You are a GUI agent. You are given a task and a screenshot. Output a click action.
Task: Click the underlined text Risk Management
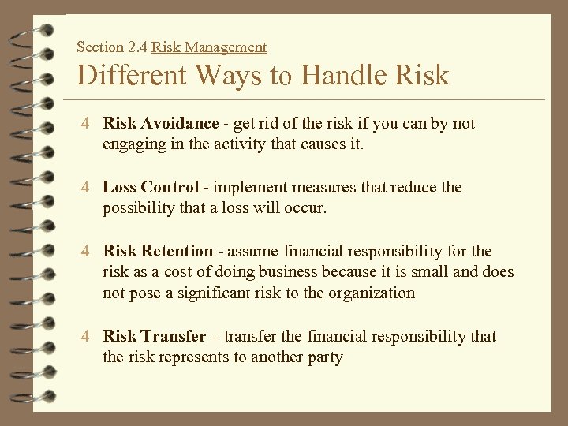209,47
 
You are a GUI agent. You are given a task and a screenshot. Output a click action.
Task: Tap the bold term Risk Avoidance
160,124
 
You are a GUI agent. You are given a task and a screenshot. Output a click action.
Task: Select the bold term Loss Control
151,188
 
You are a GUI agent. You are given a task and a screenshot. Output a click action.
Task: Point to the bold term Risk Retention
158,252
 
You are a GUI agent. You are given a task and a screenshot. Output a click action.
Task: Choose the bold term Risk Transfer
154,337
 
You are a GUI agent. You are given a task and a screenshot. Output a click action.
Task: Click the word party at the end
326,357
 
